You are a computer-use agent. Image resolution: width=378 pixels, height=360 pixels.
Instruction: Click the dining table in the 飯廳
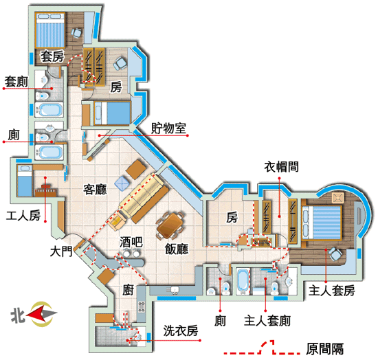pos(170,225)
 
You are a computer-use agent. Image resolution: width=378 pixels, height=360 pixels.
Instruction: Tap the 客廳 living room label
pos(96,190)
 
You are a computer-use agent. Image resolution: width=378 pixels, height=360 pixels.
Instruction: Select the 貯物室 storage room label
pos(168,128)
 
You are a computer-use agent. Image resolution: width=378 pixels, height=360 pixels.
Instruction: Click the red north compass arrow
pos(36,314)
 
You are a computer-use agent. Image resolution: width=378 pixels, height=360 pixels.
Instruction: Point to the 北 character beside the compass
pos(18,315)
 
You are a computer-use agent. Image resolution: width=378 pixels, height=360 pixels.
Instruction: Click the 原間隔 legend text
pos(324,349)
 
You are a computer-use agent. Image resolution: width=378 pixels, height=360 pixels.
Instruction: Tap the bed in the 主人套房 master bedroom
pos(322,223)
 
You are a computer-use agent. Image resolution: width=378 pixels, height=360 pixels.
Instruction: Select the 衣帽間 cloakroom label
pos(281,166)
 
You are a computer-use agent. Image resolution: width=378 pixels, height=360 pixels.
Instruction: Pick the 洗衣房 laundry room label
pos(181,330)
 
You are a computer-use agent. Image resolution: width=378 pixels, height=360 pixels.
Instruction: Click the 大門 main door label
pos(61,251)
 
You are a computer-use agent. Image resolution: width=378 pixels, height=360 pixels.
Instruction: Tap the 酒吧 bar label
pos(131,242)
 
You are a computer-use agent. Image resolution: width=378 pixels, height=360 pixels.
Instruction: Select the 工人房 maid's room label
pos(23,216)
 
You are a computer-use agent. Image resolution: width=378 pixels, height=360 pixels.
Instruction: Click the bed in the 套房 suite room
pos(50,30)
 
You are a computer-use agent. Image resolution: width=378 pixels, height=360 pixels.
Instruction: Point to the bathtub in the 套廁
pos(49,110)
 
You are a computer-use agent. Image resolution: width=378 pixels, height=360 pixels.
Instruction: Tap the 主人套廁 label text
pos(267,321)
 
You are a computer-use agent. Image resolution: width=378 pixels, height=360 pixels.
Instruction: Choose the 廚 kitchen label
pos(128,290)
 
